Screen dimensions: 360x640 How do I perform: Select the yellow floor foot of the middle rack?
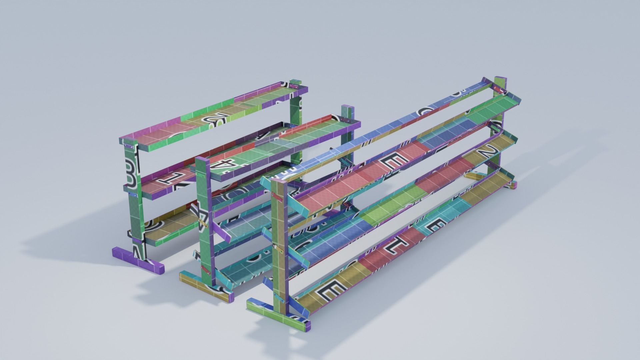191,278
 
